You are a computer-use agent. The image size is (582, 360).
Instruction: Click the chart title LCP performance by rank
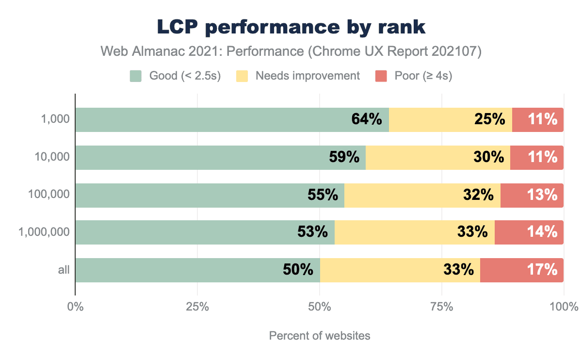coord(291,28)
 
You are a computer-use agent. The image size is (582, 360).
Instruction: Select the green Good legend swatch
coord(135,76)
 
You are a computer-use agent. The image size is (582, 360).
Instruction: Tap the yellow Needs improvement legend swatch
coord(242,76)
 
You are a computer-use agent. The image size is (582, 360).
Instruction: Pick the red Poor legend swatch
coord(381,76)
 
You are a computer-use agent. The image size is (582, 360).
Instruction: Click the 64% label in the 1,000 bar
coord(367,119)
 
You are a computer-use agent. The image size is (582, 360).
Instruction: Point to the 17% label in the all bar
coord(542,270)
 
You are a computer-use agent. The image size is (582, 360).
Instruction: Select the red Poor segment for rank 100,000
coord(532,195)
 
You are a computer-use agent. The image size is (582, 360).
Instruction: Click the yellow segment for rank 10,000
coord(437,157)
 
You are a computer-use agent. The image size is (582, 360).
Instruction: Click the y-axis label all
coord(64,270)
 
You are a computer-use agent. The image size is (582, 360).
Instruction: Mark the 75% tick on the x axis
coord(442,307)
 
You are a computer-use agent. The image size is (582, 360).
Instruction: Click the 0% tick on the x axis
coord(75,307)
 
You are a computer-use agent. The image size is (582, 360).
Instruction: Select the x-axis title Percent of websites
coord(320,336)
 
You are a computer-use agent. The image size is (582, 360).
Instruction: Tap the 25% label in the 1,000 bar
coord(490,119)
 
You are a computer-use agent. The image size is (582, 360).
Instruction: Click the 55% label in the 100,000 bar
coord(323,195)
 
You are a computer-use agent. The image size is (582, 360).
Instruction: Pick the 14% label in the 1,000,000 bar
coord(542,232)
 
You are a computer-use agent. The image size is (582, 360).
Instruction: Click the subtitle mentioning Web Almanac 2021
coord(291,52)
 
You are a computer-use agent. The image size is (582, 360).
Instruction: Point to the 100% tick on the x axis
coord(564,307)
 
